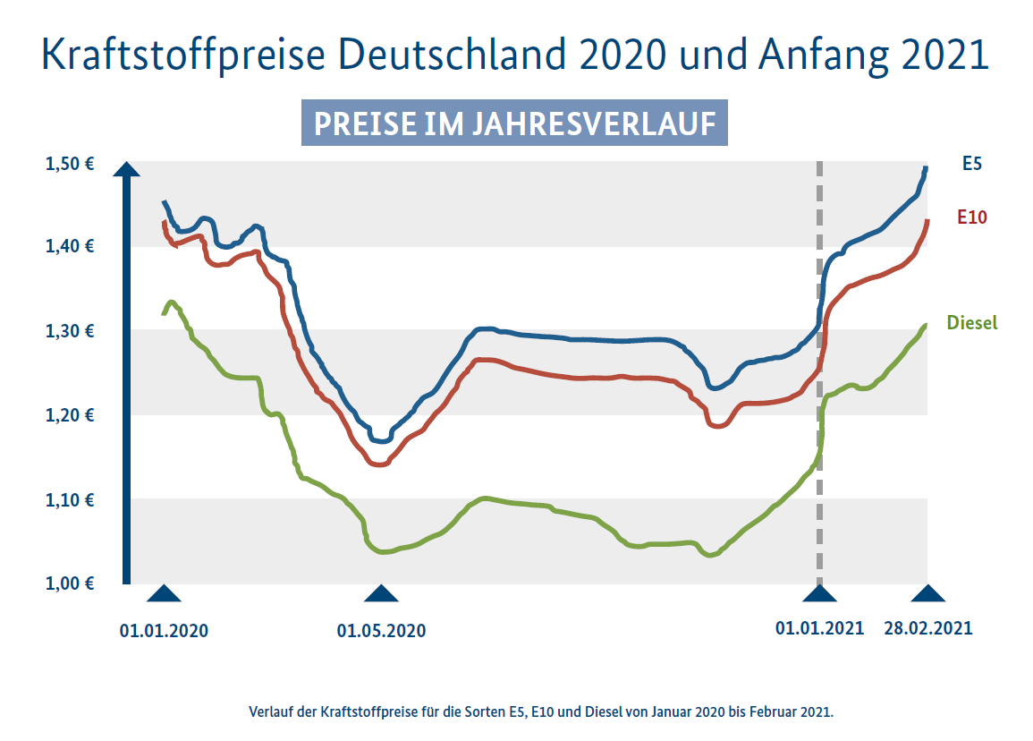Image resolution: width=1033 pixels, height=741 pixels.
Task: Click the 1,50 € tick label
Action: pyautogui.click(x=71, y=164)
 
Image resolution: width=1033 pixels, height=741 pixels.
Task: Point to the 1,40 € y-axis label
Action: pyautogui.click(x=71, y=246)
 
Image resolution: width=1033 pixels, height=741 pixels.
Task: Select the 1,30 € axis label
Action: pyautogui.click(x=71, y=331)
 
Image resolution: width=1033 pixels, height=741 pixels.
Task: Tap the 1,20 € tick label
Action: pyautogui.click(x=71, y=415)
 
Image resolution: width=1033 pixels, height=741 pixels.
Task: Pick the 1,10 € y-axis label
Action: pyautogui.click(x=71, y=499)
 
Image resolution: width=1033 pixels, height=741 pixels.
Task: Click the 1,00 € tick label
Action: pyautogui.click(x=71, y=583)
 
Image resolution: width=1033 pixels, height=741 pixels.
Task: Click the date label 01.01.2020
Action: pyautogui.click(x=164, y=630)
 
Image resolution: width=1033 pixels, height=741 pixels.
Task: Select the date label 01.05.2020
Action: pyautogui.click(x=381, y=630)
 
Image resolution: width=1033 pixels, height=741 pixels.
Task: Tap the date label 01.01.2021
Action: pyautogui.click(x=819, y=628)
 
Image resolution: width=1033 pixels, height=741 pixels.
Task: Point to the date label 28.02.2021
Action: pyautogui.click(x=927, y=628)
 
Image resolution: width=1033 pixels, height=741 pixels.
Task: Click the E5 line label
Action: pyautogui.click(x=972, y=164)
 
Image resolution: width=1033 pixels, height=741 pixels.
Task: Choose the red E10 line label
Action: pyautogui.click(x=971, y=217)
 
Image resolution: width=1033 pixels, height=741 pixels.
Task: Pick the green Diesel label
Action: pyautogui.click(x=971, y=323)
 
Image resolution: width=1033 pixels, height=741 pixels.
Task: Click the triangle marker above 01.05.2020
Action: pyautogui.click(x=382, y=593)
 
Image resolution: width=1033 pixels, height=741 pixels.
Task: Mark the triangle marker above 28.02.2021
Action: pyautogui.click(x=928, y=593)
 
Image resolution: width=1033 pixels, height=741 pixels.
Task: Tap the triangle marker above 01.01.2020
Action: pyautogui.click(x=164, y=593)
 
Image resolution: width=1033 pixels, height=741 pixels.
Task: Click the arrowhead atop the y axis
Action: pyautogui.click(x=127, y=170)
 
